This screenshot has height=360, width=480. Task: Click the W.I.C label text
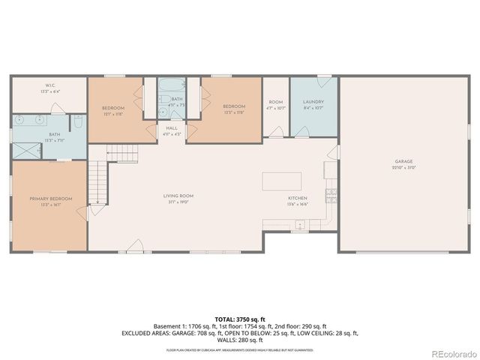click(x=49, y=85)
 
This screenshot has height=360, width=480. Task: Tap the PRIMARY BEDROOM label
click(x=51, y=198)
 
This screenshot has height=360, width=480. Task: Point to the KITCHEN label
click(x=298, y=199)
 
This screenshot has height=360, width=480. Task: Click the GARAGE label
click(x=404, y=161)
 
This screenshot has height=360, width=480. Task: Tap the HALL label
click(x=172, y=128)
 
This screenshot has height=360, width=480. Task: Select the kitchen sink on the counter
click(x=299, y=224)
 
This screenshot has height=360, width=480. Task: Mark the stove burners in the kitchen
click(x=330, y=196)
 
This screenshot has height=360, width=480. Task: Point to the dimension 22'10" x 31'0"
click(x=404, y=167)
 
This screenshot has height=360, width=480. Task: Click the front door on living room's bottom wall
click(x=136, y=245)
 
